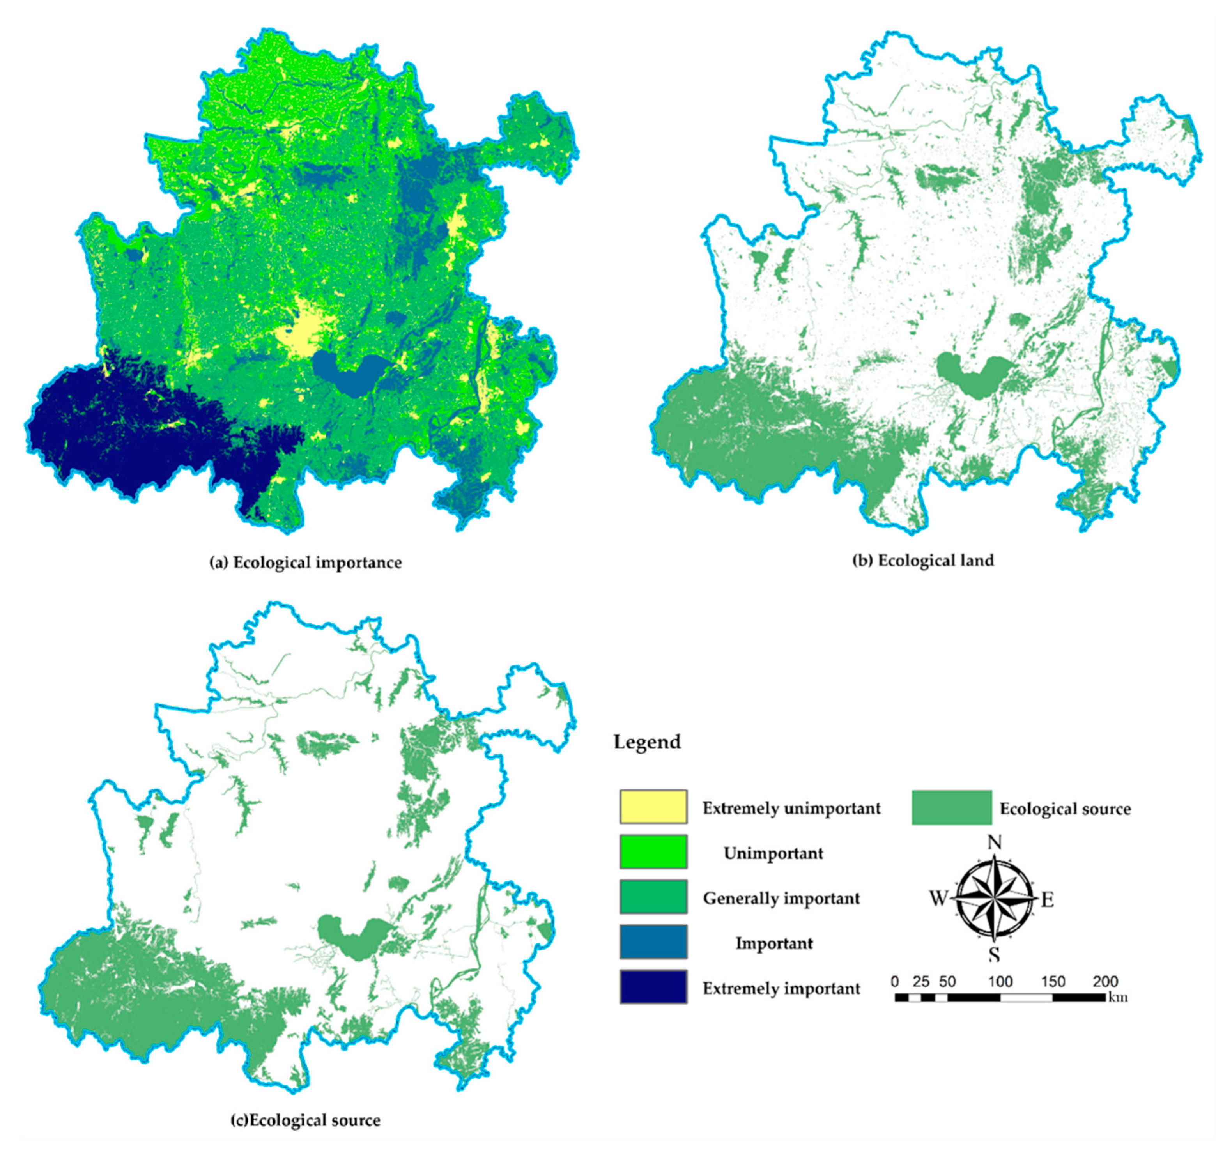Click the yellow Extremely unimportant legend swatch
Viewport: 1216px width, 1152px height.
point(653,806)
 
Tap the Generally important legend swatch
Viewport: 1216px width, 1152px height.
point(653,897)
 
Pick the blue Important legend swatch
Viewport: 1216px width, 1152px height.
point(653,941)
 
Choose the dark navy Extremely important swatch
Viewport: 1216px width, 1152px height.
point(653,986)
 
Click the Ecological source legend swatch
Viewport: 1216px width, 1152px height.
point(951,807)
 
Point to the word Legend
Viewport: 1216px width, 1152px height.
point(647,742)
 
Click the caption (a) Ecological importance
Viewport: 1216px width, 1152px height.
point(306,563)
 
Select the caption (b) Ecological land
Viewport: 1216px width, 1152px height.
point(923,560)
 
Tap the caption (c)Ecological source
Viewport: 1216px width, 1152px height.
point(305,1120)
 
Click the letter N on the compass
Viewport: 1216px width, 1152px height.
point(994,842)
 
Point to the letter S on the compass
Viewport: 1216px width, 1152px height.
point(994,955)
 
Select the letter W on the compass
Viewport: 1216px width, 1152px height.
point(938,899)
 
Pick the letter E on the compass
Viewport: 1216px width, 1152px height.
point(1047,900)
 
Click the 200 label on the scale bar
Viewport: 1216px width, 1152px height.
point(1105,981)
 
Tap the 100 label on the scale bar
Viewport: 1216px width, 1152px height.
point(1000,981)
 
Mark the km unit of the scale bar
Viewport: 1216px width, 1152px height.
point(1118,997)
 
